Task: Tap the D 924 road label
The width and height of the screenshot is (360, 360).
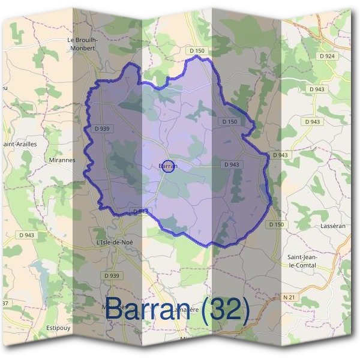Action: tap(328, 56)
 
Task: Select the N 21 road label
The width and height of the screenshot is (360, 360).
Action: tap(290, 298)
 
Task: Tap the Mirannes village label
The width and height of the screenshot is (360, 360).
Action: tap(62, 161)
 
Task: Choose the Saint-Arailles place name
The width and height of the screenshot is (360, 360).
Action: tap(20, 144)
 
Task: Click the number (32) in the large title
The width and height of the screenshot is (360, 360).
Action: tap(225, 309)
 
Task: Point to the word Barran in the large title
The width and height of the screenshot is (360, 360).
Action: tap(150, 309)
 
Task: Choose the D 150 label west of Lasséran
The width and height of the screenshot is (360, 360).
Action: tap(276, 224)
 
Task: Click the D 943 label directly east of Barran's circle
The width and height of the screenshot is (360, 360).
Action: tap(232, 164)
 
